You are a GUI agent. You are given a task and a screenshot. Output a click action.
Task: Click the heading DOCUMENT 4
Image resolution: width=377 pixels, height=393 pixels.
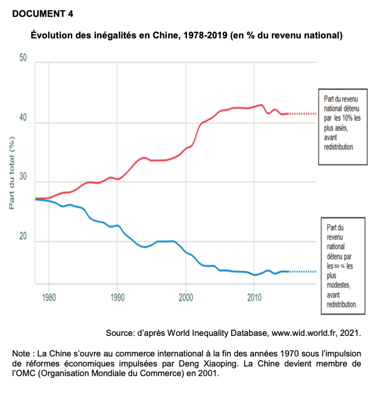43,14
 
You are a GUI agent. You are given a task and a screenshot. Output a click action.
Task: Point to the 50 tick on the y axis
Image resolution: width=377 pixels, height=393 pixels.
23,59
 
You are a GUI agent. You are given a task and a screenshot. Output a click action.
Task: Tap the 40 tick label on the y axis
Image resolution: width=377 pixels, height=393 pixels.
23,119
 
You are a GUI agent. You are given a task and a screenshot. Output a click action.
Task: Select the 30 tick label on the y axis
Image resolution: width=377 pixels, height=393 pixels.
23,177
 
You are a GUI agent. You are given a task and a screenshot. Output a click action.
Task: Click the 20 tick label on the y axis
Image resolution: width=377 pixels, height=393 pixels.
23,237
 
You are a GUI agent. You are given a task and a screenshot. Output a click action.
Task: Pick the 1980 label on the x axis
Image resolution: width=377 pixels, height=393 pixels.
49,298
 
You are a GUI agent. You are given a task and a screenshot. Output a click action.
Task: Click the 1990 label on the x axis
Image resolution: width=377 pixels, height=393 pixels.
117,298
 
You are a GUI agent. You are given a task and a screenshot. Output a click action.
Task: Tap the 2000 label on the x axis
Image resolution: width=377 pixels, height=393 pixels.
186,298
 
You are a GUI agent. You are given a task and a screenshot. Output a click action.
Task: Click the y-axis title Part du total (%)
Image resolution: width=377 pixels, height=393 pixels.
12,172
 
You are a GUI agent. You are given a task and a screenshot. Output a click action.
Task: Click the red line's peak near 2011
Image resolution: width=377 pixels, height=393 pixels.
261,105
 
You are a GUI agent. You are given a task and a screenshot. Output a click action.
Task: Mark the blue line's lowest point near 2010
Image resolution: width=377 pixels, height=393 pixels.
255,275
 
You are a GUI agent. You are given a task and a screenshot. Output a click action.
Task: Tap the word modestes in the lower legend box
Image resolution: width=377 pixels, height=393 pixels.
338,284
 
